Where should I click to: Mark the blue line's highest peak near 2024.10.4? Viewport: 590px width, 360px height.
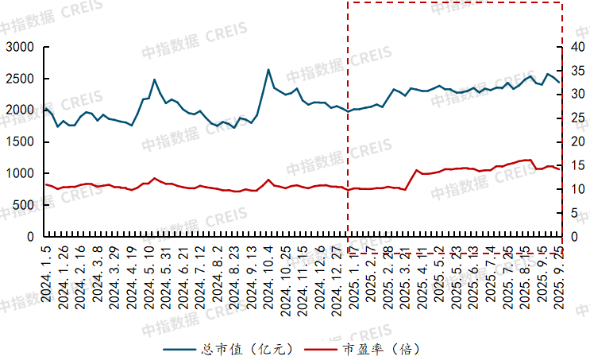(268, 69)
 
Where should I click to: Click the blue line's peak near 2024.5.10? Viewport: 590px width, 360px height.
(155, 79)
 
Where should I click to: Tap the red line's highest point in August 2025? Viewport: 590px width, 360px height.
(529, 160)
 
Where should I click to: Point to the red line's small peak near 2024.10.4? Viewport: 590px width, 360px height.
(268, 180)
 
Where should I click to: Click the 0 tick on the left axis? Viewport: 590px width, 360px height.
(33, 237)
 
